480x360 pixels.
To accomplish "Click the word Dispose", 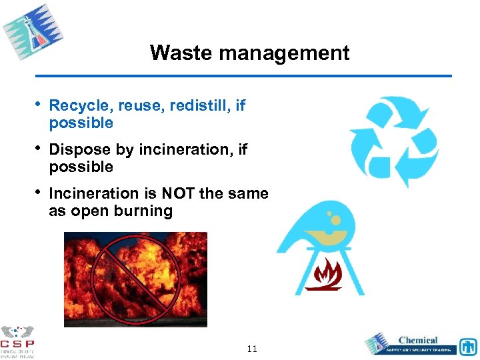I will [77, 150].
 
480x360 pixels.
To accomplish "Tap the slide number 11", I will [252, 349].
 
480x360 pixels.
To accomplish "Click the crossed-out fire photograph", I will [135, 279].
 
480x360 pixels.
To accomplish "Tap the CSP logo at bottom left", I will [17, 340].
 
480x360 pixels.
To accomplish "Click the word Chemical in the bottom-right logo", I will [418, 340].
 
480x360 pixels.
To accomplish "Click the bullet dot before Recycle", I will [37, 105].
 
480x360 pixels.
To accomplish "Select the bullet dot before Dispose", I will [37, 149].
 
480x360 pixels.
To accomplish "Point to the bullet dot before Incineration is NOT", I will [37, 193].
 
